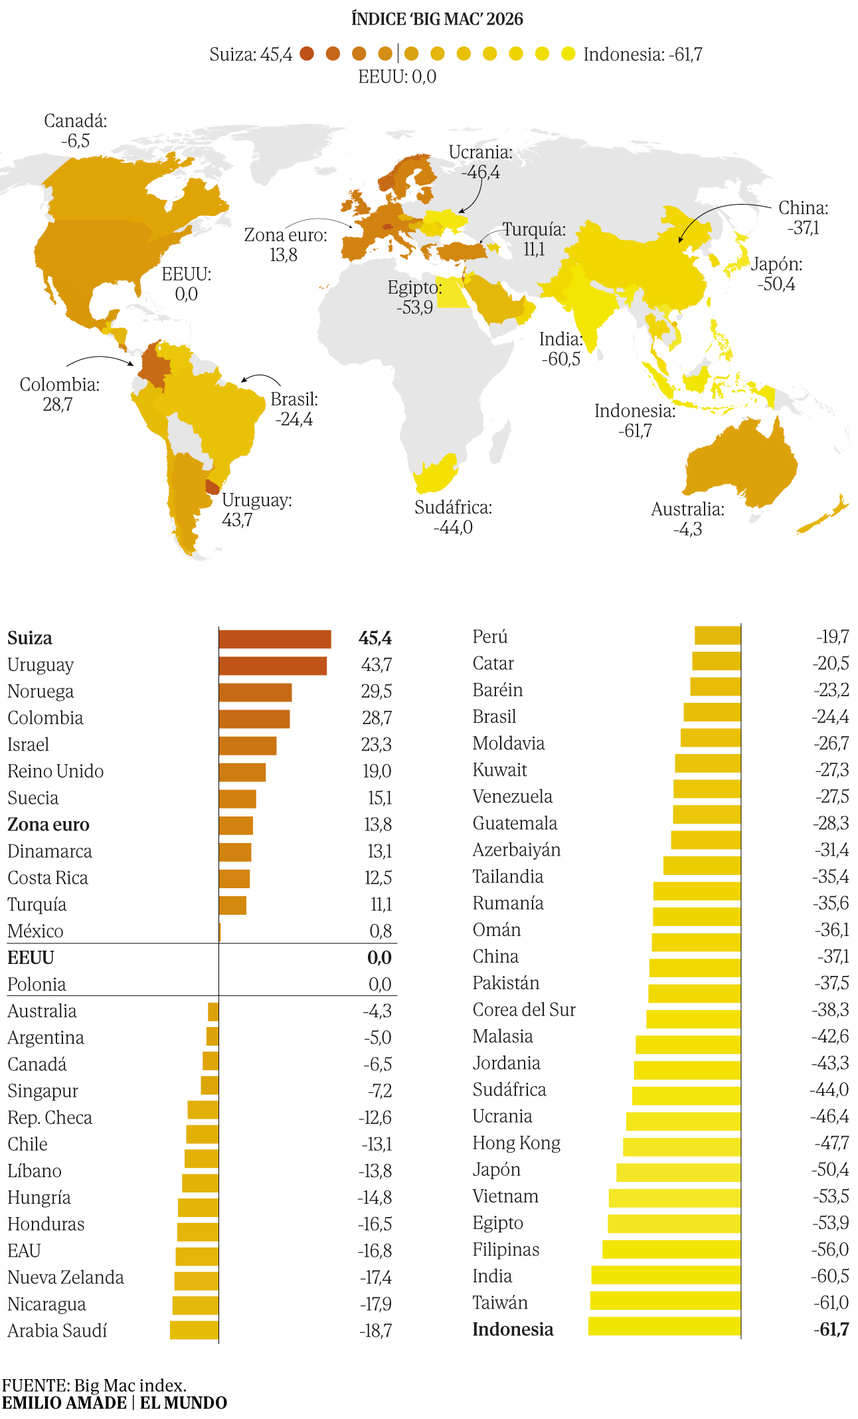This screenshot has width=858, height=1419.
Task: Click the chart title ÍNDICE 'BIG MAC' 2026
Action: [437, 19]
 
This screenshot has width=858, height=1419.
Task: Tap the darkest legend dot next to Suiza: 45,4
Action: [307, 54]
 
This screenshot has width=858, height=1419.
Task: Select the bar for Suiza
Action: [275, 639]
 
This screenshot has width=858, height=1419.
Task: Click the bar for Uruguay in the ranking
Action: [273, 666]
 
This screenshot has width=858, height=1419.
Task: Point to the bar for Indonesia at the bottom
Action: [664, 1326]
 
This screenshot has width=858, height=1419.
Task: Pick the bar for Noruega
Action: [256, 692]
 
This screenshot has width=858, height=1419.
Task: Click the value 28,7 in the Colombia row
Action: [377, 718]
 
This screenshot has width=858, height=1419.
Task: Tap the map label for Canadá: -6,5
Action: [75, 131]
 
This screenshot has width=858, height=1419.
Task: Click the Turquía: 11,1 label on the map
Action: [534, 239]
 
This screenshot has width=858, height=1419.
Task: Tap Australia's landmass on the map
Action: [740, 465]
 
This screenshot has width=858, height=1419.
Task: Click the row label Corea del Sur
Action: [524, 1010]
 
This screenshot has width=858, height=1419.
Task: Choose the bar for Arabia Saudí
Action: [194, 1330]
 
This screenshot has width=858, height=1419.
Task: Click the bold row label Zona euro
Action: [48, 824]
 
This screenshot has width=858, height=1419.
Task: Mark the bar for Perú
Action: [718, 635]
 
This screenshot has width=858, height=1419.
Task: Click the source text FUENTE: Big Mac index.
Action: [94, 1385]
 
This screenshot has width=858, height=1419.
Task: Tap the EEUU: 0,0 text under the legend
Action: [397, 76]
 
